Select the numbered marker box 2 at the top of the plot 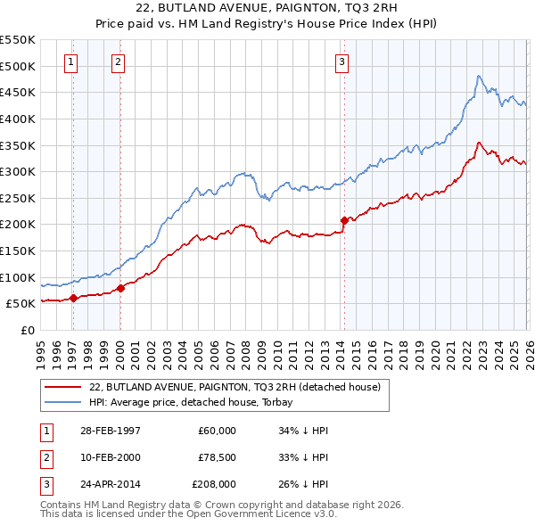[x=119, y=62]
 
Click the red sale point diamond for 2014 [x=344, y=219]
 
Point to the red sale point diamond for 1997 [x=74, y=298]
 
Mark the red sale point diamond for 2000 [x=120, y=288]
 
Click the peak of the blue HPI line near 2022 [x=479, y=77]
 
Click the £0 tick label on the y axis [x=27, y=330]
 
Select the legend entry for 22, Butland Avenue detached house [x=235, y=387]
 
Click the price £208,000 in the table [x=214, y=485]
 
